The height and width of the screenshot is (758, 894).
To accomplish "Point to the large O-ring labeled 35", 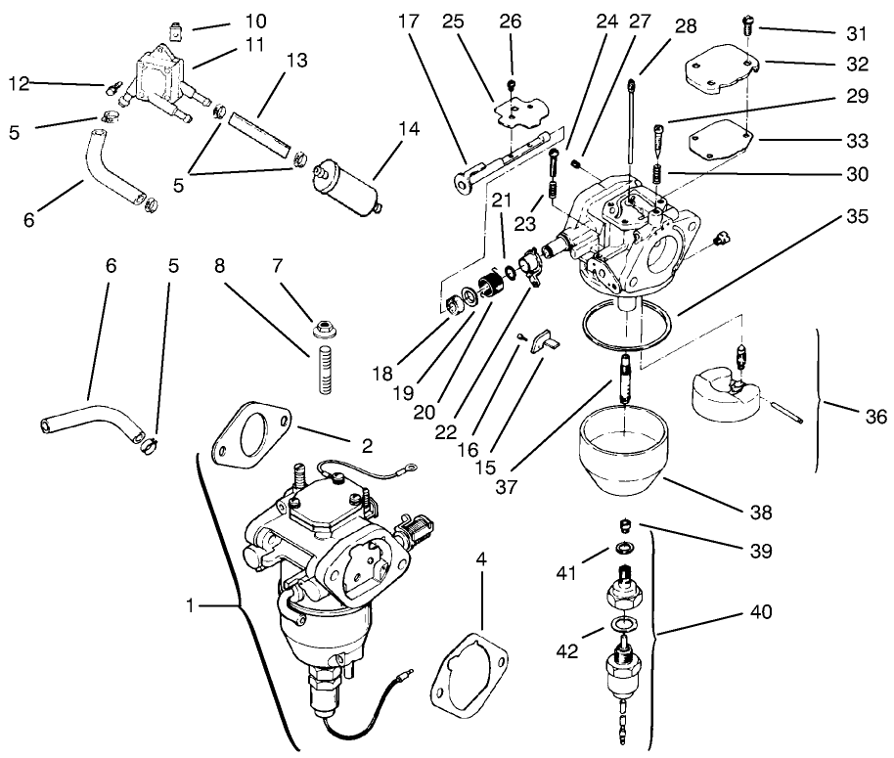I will coord(627,330).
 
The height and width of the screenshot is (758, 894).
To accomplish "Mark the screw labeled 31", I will coord(748,23).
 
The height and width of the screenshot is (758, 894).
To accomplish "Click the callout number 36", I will coord(875,417).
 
